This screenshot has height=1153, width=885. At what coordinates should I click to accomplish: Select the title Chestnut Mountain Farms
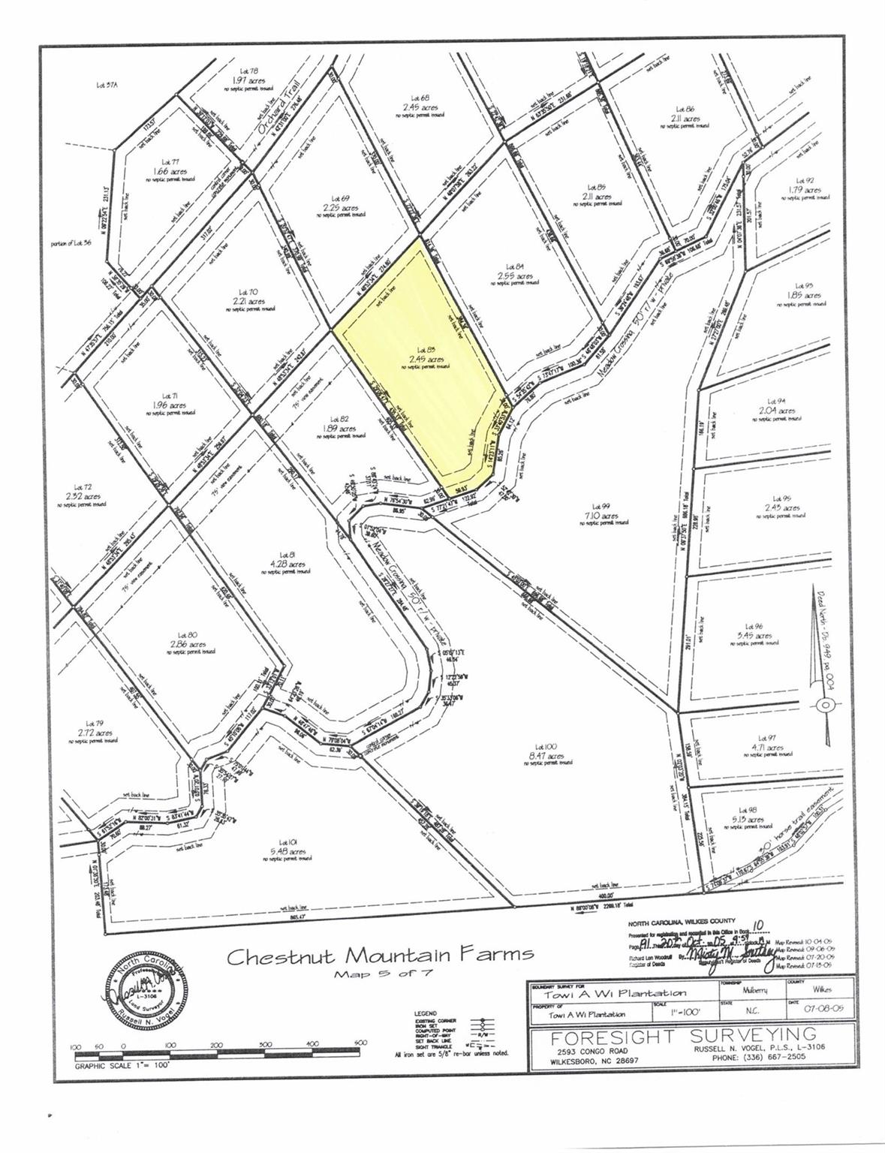click(x=381, y=956)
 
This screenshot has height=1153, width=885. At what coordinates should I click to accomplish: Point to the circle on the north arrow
click(x=824, y=704)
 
